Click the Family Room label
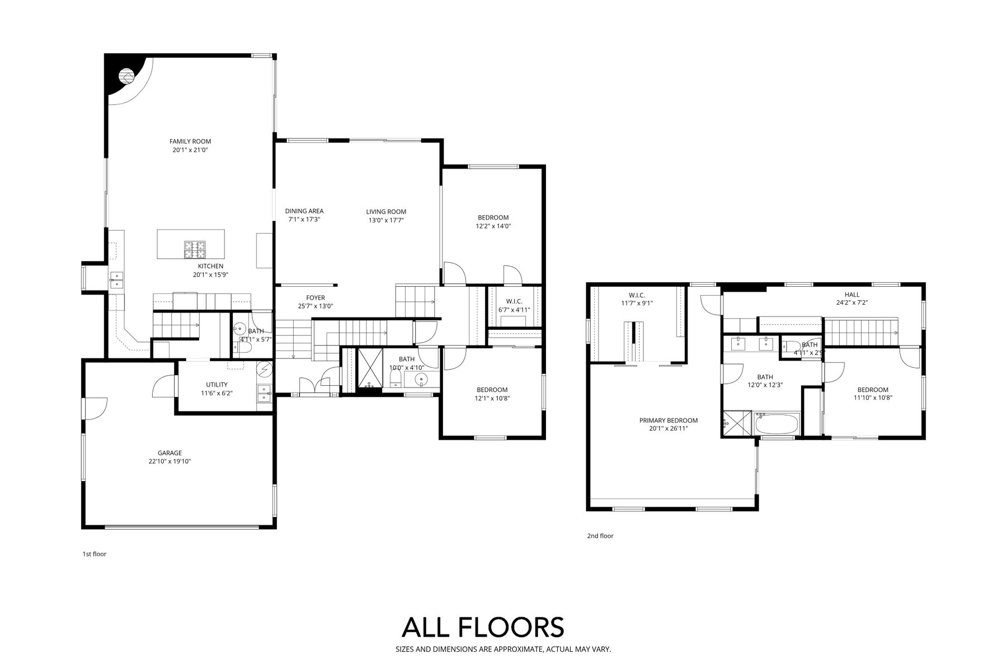click(x=190, y=142)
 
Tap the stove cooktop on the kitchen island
click(x=195, y=250)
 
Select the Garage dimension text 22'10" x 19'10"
click(x=170, y=461)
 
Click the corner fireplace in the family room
click(x=128, y=76)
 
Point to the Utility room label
click(x=217, y=385)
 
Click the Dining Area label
click(x=304, y=211)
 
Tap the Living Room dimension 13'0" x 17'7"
click(x=386, y=220)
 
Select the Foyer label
click(x=316, y=298)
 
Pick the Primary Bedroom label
click(x=669, y=421)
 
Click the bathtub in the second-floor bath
click(x=777, y=424)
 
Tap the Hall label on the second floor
click(x=852, y=295)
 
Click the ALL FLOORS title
click(x=483, y=627)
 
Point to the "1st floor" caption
click(x=94, y=554)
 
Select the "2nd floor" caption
click(x=600, y=536)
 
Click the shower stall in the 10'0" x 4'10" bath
click(x=369, y=368)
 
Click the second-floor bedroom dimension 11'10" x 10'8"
click(x=873, y=398)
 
